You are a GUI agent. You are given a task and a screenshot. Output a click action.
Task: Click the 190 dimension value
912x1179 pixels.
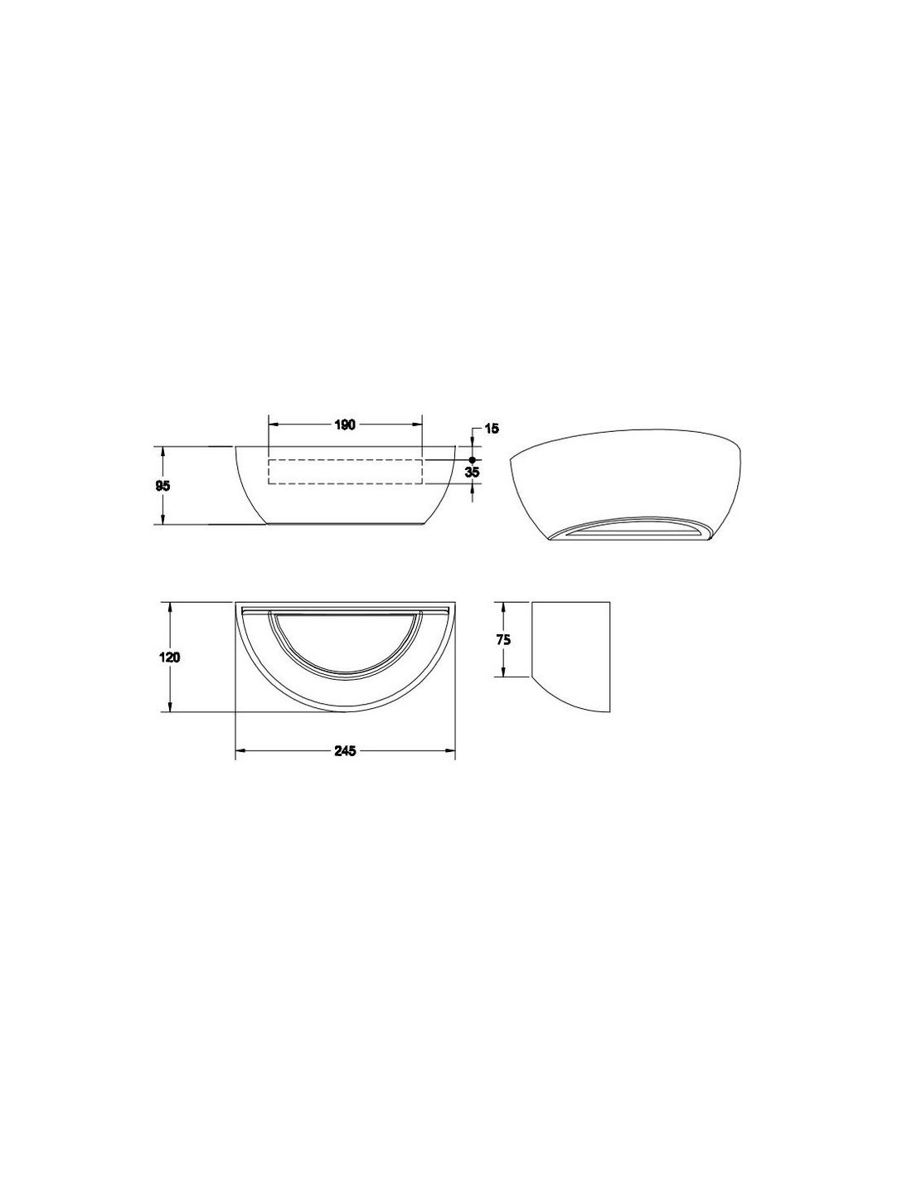coord(345,425)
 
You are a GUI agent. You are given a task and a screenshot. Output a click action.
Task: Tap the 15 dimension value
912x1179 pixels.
coord(491,429)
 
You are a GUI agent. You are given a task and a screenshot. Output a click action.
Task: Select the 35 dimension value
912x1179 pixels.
coord(473,472)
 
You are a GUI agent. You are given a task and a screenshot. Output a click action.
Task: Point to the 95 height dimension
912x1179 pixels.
coord(163,486)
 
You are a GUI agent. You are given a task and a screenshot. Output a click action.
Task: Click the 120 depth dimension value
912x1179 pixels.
coord(169,657)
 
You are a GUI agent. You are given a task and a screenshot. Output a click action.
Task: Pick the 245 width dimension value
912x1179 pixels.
coord(345,751)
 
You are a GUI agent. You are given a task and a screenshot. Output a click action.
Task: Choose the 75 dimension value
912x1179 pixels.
coord(503,640)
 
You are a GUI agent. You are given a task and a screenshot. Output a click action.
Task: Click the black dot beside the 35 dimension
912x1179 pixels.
coord(472,459)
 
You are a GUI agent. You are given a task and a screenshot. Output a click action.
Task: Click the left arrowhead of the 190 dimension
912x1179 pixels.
coord(274,425)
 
